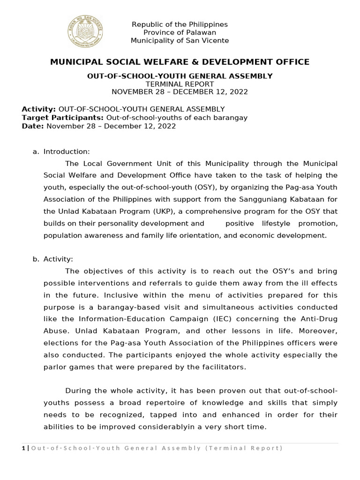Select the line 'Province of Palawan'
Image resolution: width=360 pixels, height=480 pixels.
180,32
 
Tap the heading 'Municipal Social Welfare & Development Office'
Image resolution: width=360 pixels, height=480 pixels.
180,62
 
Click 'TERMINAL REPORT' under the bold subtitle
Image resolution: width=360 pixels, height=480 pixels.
180,83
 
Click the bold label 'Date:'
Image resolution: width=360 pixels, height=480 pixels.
32,126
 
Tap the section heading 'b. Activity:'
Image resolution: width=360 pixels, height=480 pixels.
58,259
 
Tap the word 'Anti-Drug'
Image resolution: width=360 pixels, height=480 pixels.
319,307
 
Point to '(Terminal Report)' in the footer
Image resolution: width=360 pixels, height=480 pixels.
244,448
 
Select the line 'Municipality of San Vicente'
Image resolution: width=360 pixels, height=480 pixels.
180,41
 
